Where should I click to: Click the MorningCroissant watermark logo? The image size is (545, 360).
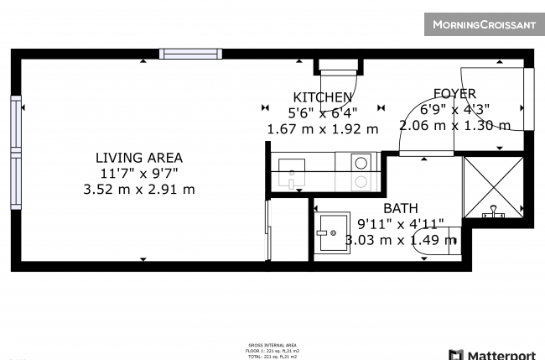[x=483, y=24]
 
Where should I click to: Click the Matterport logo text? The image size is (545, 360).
[x=497, y=353]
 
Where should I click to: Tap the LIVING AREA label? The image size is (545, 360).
[x=138, y=157]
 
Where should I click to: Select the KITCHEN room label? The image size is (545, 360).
[x=323, y=97]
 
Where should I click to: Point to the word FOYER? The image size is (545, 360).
[x=454, y=93]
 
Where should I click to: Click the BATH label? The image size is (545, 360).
[x=401, y=208]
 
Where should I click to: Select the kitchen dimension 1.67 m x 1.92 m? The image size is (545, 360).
[x=323, y=129]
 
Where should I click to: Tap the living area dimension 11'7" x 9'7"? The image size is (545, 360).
[x=138, y=173]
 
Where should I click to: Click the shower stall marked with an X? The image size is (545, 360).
[x=492, y=186]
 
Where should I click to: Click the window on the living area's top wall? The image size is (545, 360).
[x=191, y=54]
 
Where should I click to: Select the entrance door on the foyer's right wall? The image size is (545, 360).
[x=528, y=99]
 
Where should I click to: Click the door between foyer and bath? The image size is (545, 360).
[x=427, y=153]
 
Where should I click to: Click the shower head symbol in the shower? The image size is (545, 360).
[x=492, y=211]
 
